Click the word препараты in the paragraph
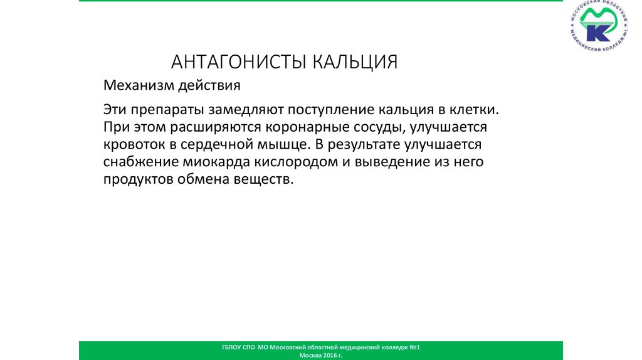pos(162,109)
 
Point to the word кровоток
pos(134,144)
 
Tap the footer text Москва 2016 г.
pos(321,355)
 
